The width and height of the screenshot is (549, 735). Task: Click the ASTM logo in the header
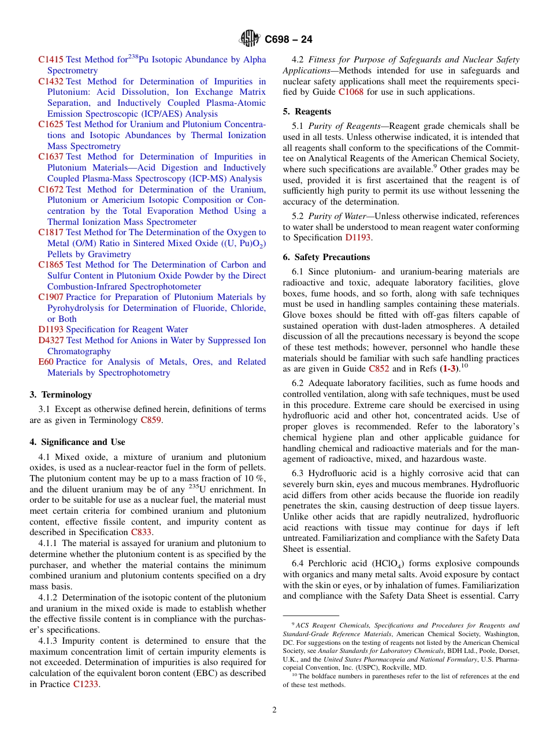pyautogui.click(x=250, y=39)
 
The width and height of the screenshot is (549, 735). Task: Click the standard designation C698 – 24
pyautogui.click(x=288, y=39)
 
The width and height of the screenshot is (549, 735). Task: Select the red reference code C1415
pyautogui.click(x=51, y=60)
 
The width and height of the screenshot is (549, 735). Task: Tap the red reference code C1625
pyautogui.click(x=51, y=124)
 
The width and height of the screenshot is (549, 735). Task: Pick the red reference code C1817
pyautogui.click(x=51, y=232)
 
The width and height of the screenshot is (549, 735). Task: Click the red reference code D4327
pyautogui.click(x=51, y=340)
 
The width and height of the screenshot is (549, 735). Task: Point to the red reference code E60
pyautogui.click(x=46, y=362)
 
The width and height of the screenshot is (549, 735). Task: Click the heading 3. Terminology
pyautogui.click(x=60, y=395)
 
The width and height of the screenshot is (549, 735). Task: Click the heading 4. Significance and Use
pyautogui.click(x=77, y=442)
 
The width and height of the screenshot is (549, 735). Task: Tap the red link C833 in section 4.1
pyautogui.click(x=141, y=532)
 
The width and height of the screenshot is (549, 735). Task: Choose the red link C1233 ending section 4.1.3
pyautogui.click(x=86, y=684)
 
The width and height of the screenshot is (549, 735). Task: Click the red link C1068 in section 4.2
pyautogui.click(x=351, y=92)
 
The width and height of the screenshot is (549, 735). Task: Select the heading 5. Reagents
pyautogui.click(x=307, y=112)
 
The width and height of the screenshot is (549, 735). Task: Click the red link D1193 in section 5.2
pyautogui.click(x=358, y=237)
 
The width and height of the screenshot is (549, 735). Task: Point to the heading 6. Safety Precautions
pyautogui.click(x=326, y=257)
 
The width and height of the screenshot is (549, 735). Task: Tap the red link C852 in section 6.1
pyautogui.click(x=379, y=369)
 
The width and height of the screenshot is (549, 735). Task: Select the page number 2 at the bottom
pyautogui.click(x=274, y=710)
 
